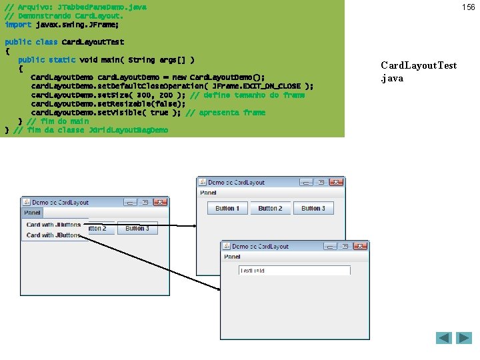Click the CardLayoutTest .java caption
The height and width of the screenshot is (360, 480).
(x=419, y=71)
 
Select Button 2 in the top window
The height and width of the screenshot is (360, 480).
(x=270, y=208)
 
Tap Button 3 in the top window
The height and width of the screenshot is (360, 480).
(x=313, y=208)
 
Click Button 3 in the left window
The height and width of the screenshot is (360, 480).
(x=137, y=228)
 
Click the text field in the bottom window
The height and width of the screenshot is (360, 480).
(x=294, y=270)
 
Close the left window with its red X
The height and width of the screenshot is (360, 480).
(x=160, y=202)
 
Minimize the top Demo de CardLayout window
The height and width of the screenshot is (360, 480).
(x=305, y=182)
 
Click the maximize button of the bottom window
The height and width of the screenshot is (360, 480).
(x=344, y=246)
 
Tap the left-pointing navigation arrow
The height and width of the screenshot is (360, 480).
(x=444, y=338)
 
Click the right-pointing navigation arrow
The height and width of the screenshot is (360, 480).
(x=464, y=338)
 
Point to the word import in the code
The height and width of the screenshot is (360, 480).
(x=18, y=25)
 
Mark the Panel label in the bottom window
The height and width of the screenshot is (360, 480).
(x=232, y=257)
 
